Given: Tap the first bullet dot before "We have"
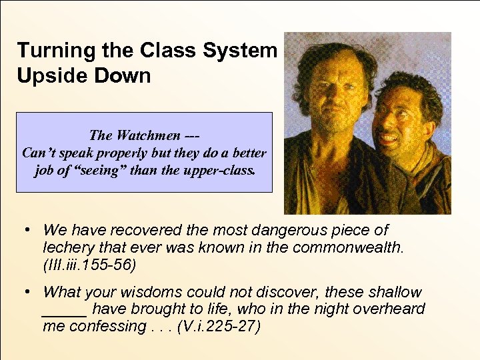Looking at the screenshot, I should point(25,230).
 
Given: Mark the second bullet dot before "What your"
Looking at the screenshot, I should point(25,291).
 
